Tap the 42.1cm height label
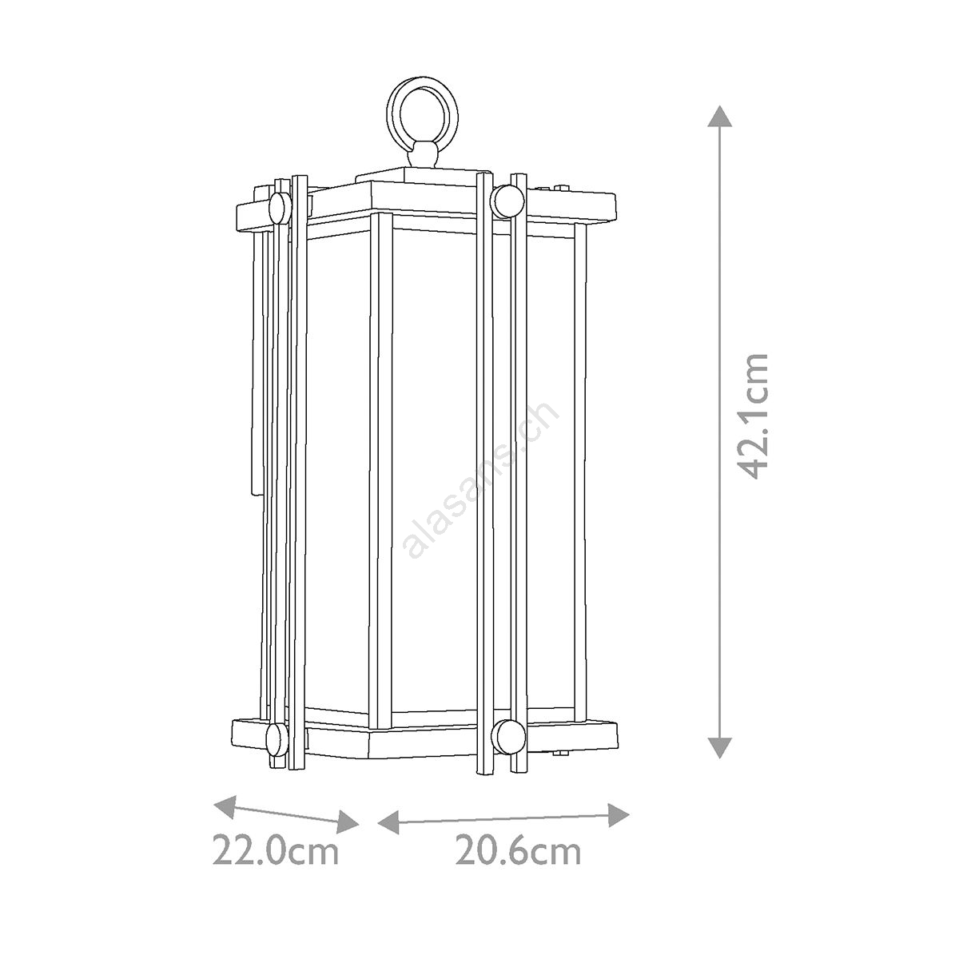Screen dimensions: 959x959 [x=753, y=416]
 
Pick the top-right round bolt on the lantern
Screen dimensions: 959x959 [x=507, y=201]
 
